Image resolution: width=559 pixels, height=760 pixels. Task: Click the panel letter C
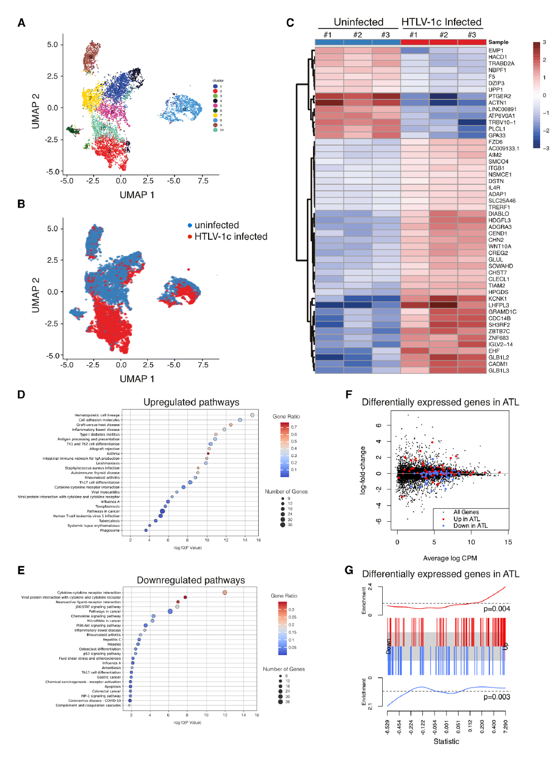tap(290, 23)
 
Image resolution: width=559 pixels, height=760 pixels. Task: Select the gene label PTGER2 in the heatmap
tap(499, 97)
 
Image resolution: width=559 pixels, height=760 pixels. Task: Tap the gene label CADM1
tap(498, 364)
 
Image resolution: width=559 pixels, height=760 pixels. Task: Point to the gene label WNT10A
tap(500, 247)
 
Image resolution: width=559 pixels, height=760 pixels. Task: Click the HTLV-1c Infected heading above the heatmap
tap(441, 22)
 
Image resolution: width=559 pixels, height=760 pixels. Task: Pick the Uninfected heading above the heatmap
tap(358, 22)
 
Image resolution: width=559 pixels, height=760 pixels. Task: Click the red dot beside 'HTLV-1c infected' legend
tap(190, 237)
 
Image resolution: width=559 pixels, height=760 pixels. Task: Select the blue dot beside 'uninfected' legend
tap(190, 225)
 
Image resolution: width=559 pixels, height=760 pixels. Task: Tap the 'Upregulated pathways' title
tap(191, 402)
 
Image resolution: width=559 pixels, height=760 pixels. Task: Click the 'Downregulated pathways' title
tap(191, 580)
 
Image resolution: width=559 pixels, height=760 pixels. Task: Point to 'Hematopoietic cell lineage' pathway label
tap(97, 415)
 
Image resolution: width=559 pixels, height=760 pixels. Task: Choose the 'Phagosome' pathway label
tap(109, 531)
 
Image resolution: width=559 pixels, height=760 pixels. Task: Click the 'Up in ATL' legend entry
tap(466, 519)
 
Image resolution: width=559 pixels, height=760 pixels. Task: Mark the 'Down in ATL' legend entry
tap(470, 526)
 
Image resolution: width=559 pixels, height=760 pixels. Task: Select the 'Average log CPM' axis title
tap(450, 558)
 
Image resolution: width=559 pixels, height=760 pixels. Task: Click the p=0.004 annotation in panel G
tap(497, 609)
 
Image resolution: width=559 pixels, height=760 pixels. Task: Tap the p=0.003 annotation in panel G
tap(497, 697)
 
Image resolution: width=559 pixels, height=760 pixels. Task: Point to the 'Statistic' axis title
tap(446, 742)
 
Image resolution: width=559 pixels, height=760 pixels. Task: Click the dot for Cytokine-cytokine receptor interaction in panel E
tap(225, 593)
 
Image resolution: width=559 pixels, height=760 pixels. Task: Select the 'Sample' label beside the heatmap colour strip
tap(498, 42)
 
